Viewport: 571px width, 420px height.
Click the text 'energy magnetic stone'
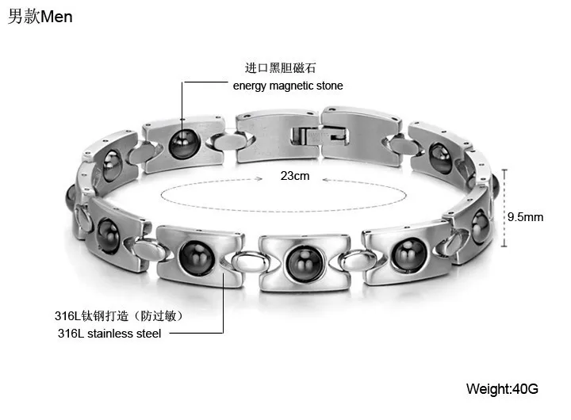(288, 86)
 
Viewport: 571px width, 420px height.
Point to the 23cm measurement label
(295, 176)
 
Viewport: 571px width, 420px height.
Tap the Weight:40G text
(502, 389)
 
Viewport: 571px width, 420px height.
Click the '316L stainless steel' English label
(109, 334)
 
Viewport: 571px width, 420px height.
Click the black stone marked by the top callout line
(183, 143)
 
